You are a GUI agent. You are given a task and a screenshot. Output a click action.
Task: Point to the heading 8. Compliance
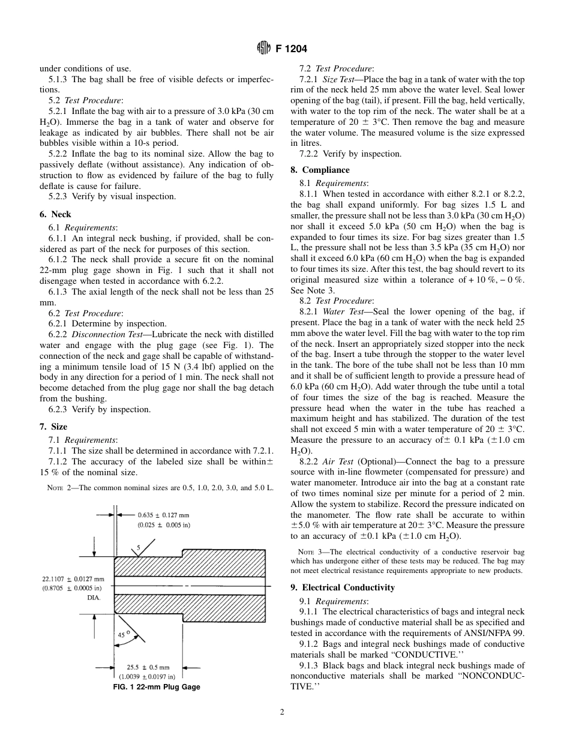317,170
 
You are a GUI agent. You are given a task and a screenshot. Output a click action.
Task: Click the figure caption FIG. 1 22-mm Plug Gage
157,687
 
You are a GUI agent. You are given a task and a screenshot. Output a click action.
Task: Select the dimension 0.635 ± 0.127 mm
164,514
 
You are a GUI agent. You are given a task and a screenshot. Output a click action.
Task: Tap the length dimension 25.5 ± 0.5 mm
148,667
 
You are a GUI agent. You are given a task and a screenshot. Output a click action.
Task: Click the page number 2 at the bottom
281,713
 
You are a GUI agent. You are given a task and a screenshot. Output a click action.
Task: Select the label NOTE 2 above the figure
59,488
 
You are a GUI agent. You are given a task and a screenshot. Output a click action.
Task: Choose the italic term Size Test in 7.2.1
338,79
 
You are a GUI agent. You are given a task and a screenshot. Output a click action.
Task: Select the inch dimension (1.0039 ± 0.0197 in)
148,677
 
